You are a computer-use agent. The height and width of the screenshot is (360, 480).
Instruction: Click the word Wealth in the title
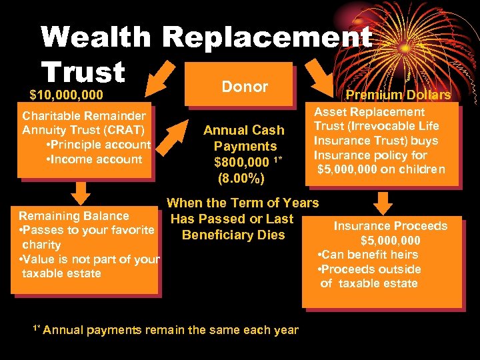coord(96,37)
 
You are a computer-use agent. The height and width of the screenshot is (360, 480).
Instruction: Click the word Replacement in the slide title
coord(267,37)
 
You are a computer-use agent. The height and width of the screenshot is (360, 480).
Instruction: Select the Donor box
coord(244,87)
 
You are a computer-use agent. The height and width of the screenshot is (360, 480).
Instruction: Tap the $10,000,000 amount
coord(66,95)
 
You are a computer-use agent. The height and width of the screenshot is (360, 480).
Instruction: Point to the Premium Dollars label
coord(397,95)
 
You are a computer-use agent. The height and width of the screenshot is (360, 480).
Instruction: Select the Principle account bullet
coord(99,144)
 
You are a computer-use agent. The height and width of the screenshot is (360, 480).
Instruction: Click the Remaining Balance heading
coord(73,215)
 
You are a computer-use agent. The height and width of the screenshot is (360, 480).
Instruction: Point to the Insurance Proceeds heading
coord(390,226)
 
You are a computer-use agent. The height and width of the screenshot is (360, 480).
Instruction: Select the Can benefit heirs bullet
coord(368,255)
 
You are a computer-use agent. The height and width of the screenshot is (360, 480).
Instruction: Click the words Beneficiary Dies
coord(233,235)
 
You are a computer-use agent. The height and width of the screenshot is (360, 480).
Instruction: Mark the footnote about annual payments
coord(166,329)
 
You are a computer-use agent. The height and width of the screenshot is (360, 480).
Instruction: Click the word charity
coord(41,245)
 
